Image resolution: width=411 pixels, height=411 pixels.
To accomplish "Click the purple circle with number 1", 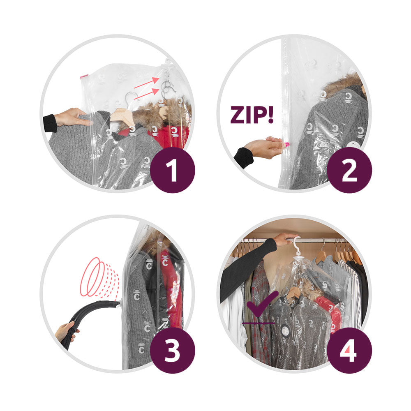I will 172,169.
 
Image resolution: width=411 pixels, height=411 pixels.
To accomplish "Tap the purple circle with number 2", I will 349,169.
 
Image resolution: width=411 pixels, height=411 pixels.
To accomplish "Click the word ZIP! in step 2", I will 252,115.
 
